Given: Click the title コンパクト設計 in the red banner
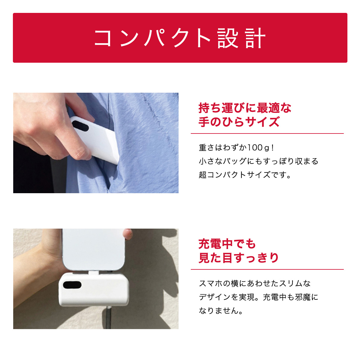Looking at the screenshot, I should (x=180, y=38).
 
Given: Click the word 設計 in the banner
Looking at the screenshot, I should (x=241, y=38).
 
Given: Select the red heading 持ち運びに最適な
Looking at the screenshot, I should (x=245, y=108).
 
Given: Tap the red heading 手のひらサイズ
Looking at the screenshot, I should (x=239, y=122).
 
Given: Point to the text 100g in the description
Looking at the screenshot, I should (x=257, y=148).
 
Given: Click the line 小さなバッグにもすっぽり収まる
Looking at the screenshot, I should (x=258, y=161).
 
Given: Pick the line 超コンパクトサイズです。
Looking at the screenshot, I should (x=245, y=175).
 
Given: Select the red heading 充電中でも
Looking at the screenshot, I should (x=227, y=244).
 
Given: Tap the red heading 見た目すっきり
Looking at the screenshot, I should (x=239, y=258).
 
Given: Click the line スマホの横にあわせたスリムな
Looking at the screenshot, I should (x=255, y=283).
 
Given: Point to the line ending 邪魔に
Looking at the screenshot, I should (x=258, y=297).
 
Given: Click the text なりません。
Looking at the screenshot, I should (x=221, y=311).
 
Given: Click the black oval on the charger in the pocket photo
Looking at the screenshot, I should (x=80, y=126).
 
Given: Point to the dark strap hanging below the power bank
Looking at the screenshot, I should (x=108, y=318).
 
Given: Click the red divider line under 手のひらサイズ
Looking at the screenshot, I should (x=267, y=133).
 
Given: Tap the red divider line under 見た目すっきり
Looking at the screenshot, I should (x=267, y=269).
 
